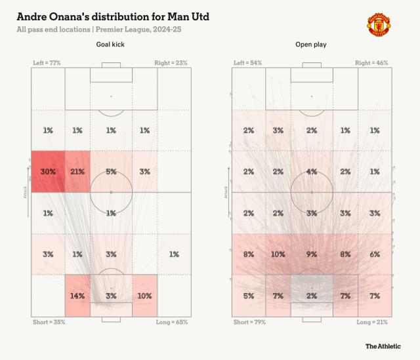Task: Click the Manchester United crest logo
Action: click(x=378, y=24)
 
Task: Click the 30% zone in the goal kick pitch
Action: click(x=48, y=171)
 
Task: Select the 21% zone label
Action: click(x=77, y=171)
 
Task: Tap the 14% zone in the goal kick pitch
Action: click(x=77, y=295)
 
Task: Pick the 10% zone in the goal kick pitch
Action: click(x=145, y=295)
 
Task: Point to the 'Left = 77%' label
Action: click(x=48, y=63)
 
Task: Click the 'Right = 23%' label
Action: click(x=173, y=63)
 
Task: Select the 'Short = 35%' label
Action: click(x=49, y=323)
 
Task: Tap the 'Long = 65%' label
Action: click(x=172, y=323)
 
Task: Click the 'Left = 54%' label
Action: click(x=247, y=63)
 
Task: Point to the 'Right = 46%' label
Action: click(x=372, y=63)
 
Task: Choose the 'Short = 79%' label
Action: click(x=249, y=323)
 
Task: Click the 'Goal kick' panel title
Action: click(x=110, y=45)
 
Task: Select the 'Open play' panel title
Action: click(x=310, y=45)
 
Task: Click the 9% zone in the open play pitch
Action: click(x=311, y=254)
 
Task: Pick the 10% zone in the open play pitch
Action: click(x=278, y=254)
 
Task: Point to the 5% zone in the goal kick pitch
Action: click(x=111, y=171)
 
